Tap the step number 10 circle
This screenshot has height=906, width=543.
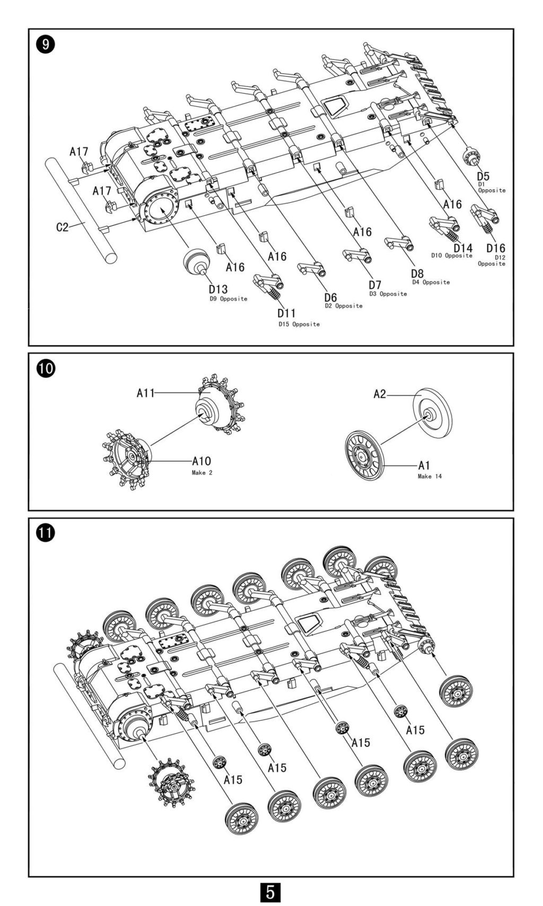pos(46,368)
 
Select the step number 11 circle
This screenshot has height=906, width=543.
pos(46,533)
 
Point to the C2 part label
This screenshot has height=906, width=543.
pos(63,227)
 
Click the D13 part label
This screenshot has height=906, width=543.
pos(218,289)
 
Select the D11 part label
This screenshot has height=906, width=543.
pos(286,313)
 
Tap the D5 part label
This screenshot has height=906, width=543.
pos(483,176)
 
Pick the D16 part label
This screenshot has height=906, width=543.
pos(496,248)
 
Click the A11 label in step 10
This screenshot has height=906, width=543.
pos(145,393)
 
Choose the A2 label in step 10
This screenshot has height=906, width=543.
pos(380,394)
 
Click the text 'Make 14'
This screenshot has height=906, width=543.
pos(430,477)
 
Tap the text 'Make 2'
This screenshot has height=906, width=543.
pos(202,472)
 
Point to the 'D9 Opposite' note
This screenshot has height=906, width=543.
pos(228,299)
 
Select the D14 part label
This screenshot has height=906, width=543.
pos(462,247)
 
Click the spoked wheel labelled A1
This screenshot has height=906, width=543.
pos(363,455)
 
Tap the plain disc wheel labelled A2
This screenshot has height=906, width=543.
pos(433,413)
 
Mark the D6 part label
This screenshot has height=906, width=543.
pos(331,297)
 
